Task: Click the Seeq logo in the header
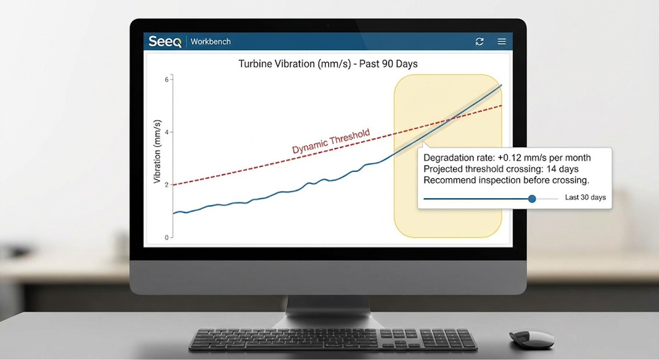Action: point(165,41)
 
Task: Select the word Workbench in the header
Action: point(211,42)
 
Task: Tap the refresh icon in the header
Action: point(479,42)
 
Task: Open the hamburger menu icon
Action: point(502,42)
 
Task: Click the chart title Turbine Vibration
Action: point(328,64)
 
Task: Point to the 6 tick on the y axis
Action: point(167,79)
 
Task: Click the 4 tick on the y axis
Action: point(167,132)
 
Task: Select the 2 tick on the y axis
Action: point(167,185)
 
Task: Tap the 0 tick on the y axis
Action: point(167,238)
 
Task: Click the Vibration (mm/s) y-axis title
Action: point(157,151)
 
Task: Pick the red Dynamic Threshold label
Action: point(331,141)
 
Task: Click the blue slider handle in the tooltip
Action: point(532,199)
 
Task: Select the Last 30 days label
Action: point(585,197)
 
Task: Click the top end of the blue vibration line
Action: point(501,85)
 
